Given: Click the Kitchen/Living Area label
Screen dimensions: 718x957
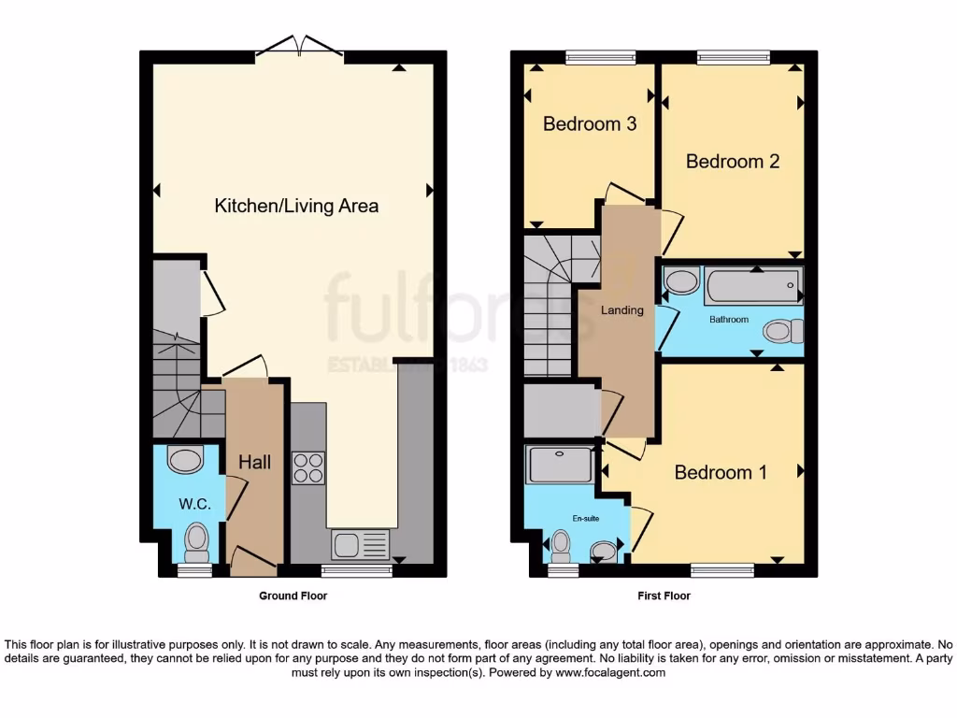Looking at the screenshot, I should pos(296,206).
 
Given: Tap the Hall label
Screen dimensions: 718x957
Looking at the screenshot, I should pos(254,462).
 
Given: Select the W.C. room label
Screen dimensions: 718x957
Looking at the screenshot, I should pos(195,504).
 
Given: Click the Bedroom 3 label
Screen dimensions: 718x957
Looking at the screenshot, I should pos(590,123).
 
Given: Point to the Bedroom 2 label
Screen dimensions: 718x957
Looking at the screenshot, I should pos(732,161).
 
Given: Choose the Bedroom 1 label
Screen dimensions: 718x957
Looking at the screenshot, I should pos(721,472).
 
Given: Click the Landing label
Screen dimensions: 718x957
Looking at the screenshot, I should pos(621,310).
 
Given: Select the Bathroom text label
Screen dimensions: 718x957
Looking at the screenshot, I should pos(728,320).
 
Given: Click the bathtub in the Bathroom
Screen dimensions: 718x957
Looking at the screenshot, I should pos(753,286).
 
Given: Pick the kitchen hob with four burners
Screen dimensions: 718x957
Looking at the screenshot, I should pos(308,467).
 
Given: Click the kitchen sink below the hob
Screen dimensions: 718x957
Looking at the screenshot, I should pos(360,544).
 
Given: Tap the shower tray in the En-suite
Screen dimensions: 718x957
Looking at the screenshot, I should pos(559,465).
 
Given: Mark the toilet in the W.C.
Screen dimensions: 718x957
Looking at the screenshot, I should pos(196,540).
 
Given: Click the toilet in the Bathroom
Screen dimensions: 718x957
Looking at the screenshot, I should pos(783,331).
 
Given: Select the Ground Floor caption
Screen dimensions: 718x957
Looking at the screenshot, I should pos(293,596).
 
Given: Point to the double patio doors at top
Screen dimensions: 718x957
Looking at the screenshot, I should pos(299,46).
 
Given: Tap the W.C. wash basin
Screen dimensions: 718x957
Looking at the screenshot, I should pos(185,459).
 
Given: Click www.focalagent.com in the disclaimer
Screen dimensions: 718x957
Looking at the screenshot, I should pos(610,672).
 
